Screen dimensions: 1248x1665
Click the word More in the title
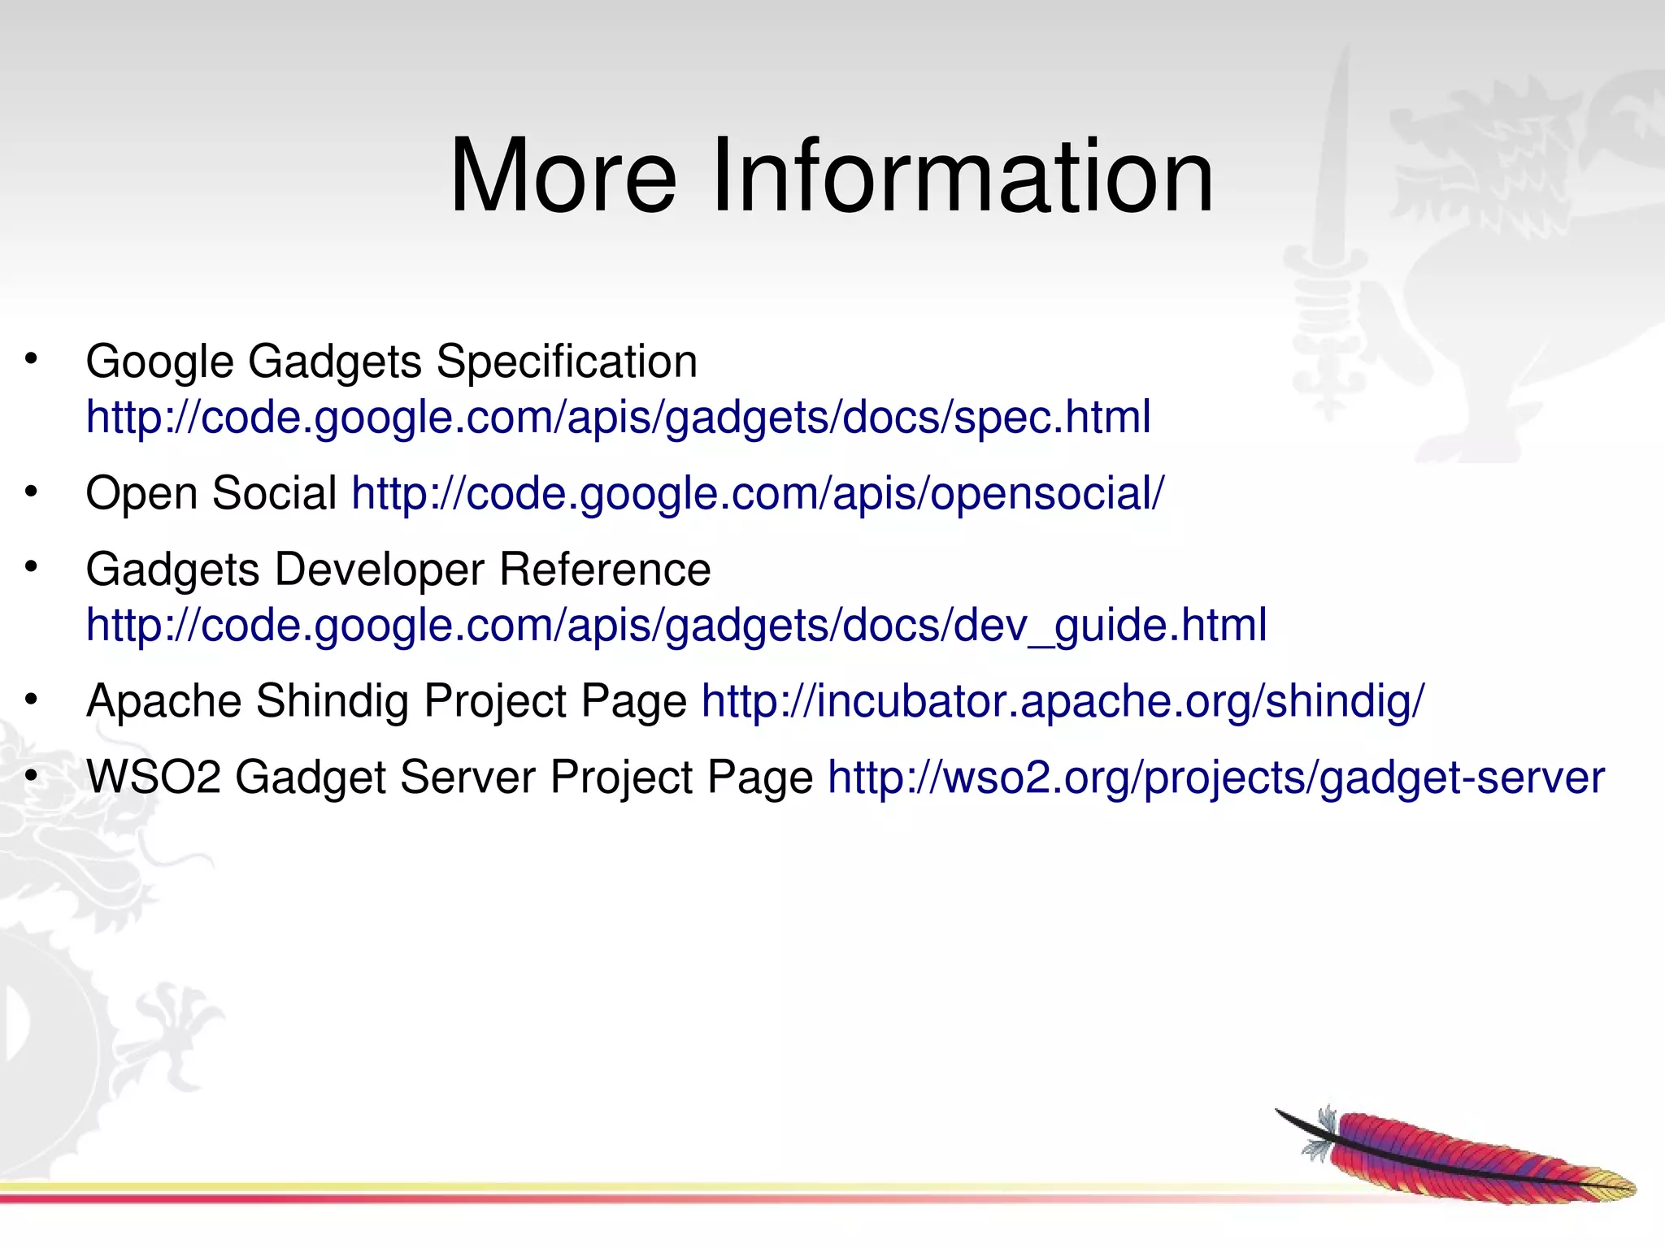(563, 176)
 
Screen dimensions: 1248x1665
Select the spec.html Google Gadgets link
(618, 418)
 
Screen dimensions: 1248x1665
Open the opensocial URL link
(758, 494)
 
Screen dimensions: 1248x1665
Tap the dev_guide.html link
(676, 626)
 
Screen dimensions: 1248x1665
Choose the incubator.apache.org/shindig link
(1063, 701)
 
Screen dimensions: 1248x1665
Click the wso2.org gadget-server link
(1216, 778)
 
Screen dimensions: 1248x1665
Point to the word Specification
(567, 362)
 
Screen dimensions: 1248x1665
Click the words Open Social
(211, 494)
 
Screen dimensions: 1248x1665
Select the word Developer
(380, 570)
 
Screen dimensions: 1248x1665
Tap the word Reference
(605, 570)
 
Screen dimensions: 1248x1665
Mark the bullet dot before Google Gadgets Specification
(31, 358)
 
